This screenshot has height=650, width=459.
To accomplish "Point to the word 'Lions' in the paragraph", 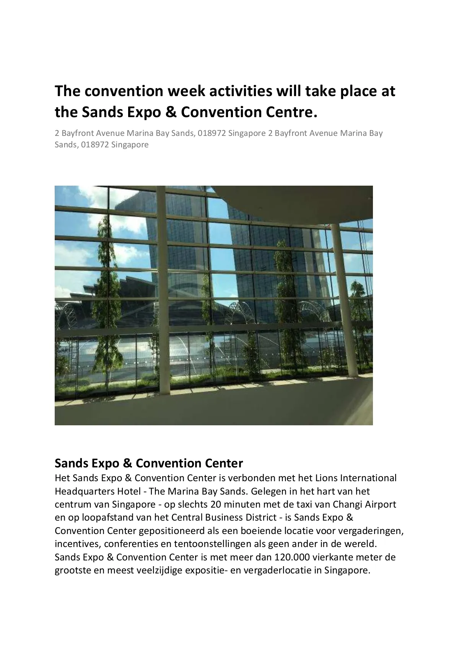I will coord(326,478).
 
